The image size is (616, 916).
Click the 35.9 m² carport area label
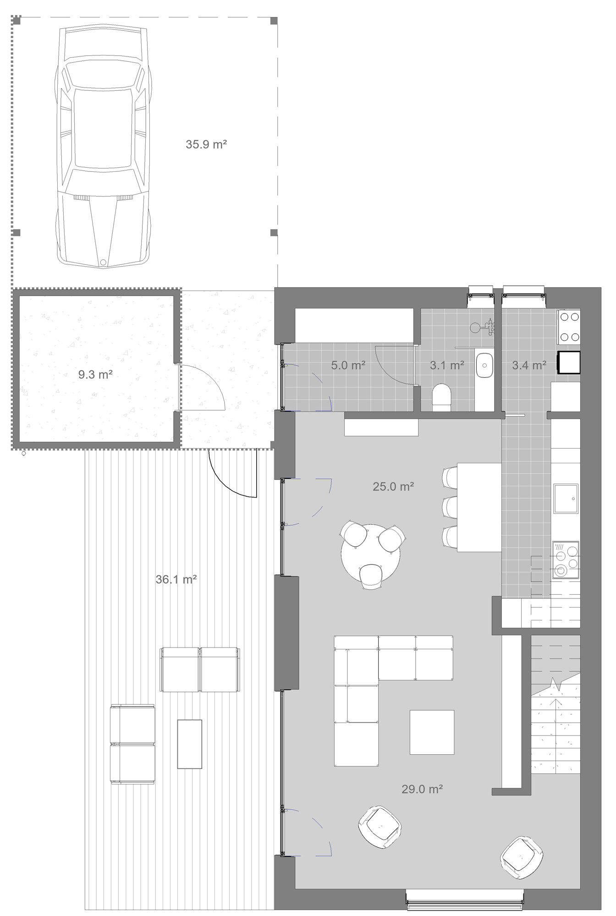pos(206,144)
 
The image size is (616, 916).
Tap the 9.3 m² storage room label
pos(95,374)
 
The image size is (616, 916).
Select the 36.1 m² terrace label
pos(176,579)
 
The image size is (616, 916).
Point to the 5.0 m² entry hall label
pos(348,365)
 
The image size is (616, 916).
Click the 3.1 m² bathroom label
pos(447,365)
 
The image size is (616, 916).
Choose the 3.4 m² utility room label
pos(529,365)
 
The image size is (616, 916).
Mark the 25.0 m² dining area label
pos(393,486)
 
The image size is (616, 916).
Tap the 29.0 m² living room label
pos(422,789)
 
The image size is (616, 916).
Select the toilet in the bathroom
pos(442,395)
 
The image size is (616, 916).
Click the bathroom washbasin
pos(484,365)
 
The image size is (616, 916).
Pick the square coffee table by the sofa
pos(432,732)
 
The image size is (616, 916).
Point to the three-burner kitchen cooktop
pos(566,560)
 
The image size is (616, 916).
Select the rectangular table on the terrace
pos(190,744)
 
